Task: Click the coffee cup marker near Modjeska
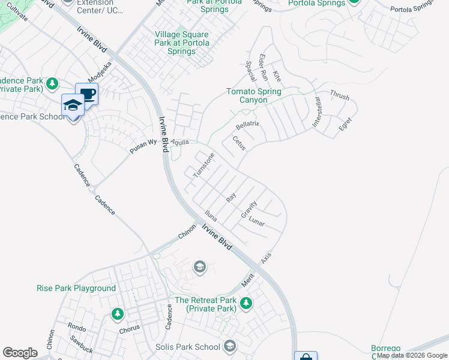coord(87,94)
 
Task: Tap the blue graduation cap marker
coord(73,104)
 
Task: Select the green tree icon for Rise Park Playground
coord(118,313)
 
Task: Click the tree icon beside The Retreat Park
coord(246,304)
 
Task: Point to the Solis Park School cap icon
coord(229,346)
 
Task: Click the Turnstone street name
coord(203,165)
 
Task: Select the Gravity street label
coord(249,209)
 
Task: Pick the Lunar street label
coord(256,221)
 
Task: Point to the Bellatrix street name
coord(247,125)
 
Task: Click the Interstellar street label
coord(317,113)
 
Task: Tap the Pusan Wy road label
coord(143,146)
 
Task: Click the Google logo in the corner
coord(20,353)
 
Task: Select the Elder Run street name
coord(263,67)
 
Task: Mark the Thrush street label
coord(339,95)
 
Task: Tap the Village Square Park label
coord(182,43)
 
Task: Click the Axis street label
coord(266,258)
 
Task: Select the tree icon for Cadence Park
coord(52,82)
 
